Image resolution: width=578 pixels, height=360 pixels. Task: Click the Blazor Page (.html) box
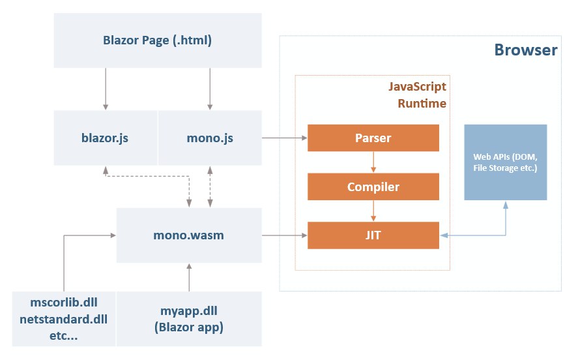[x=158, y=40]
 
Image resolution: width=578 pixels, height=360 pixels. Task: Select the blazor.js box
[x=106, y=138]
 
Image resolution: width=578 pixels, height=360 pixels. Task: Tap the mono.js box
[x=210, y=138]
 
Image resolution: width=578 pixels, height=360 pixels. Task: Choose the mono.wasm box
[x=189, y=235]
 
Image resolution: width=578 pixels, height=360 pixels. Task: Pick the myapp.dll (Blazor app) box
[x=189, y=319]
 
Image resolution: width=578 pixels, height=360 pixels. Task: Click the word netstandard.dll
[x=63, y=319]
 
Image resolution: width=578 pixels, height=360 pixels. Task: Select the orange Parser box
[x=373, y=138]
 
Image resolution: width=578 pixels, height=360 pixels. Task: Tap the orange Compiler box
[x=373, y=187]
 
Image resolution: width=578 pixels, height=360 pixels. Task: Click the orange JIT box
[x=373, y=235]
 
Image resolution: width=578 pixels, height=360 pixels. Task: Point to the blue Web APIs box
[x=506, y=162]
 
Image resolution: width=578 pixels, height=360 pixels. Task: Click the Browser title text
[x=526, y=50]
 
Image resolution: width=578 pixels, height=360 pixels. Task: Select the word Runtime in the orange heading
[x=422, y=103]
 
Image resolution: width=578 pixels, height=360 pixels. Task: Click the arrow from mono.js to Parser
[x=285, y=138]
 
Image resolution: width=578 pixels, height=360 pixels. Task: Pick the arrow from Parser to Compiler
[x=373, y=162]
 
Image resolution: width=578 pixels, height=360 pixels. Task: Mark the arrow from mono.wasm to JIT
[x=285, y=235]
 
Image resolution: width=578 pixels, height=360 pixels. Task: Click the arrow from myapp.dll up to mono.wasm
[x=189, y=277]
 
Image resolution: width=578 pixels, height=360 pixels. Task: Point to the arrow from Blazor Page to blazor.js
[x=106, y=89]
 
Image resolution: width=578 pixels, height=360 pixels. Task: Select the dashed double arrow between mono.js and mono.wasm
[x=210, y=187]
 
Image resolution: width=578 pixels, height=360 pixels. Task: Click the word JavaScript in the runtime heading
[x=417, y=87]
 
